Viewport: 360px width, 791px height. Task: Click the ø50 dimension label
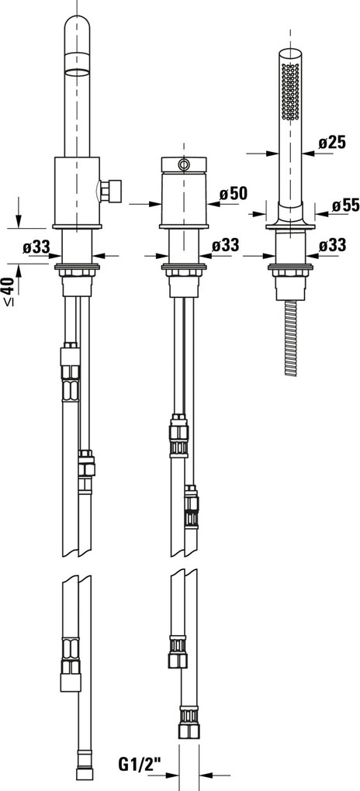click(x=233, y=193)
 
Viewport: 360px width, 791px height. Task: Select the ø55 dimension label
click(x=344, y=206)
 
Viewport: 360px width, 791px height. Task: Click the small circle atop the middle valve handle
click(x=183, y=164)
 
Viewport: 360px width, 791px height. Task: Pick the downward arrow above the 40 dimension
click(x=18, y=212)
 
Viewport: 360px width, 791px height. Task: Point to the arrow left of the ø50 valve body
click(x=141, y=204)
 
